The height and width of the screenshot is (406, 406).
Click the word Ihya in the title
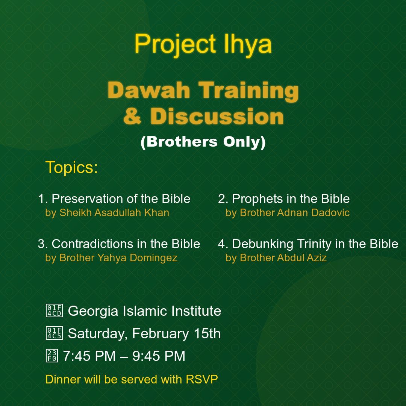pos(247,44)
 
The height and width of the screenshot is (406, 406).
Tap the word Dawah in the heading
pos(149,90)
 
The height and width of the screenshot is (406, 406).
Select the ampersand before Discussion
pos(133,116)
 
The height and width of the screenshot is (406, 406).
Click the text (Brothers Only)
pos(203,142)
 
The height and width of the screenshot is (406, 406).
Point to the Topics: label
pos(72,167)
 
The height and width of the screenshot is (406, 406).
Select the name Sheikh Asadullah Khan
pos(114,212)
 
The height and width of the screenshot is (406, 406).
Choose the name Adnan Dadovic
pos(313,212)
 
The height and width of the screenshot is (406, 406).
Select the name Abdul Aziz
pos(301,258)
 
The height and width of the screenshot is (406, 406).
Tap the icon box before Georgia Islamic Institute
pos(55,311)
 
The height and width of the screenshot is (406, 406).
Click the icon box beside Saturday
pos(55,333)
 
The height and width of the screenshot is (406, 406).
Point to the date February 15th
pos(176,333)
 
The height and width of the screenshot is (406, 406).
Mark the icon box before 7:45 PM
pos(52,356)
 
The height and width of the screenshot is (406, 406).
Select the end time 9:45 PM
pos(159,356)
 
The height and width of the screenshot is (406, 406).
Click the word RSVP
pos(202,379)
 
